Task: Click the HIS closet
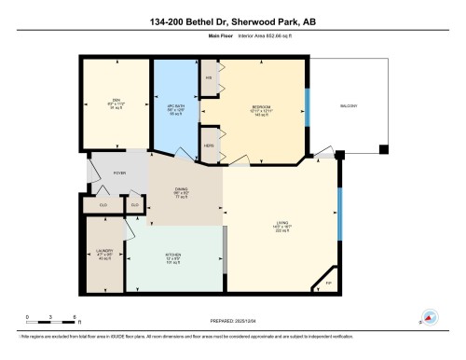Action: (x=210, y=78)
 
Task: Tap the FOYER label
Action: (x=119, y=173)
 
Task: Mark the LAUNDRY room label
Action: (x=104, y=256)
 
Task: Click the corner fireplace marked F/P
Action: (x=327, y=281)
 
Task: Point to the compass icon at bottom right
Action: (x=430, y=317)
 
